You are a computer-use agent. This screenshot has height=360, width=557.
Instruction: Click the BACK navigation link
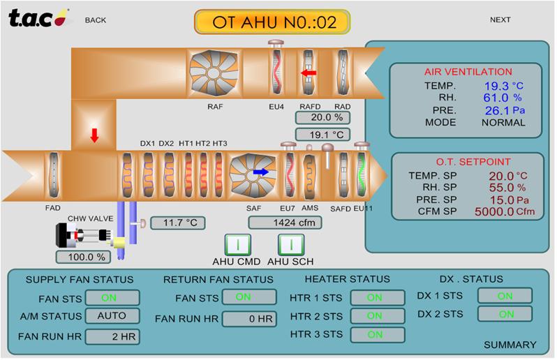tap(96, 20)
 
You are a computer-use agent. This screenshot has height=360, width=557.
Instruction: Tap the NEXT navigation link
tap(500, 20)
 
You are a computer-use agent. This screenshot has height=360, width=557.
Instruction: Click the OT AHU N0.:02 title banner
tap(272, 22)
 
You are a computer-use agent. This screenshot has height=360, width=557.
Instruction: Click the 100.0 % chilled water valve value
tap(82, 257)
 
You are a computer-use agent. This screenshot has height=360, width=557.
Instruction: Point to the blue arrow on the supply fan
tap(260, 172)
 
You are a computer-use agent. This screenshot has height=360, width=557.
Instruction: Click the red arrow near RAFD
tap(308, 73)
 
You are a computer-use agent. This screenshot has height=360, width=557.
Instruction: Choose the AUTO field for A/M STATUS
tap(112, 316)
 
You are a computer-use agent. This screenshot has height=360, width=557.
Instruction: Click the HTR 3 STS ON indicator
tap(376, 334)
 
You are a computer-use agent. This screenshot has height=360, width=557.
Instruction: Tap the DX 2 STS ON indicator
tap(505, 314)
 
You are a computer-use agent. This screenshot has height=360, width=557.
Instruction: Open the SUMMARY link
tap(510, 345)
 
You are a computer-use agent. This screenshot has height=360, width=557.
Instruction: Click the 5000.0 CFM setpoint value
tap(493, 212)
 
